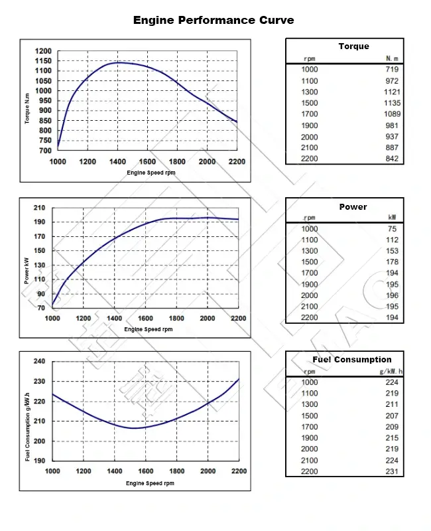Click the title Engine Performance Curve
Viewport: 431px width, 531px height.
click(x=214, y=20)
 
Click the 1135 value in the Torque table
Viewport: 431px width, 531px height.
click(x=392, y=103)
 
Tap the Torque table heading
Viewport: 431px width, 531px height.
click(x=353, y=46)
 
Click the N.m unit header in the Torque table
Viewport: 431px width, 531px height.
click(x=392, y=58)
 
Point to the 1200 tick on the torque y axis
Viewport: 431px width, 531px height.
click(x=43, y=51)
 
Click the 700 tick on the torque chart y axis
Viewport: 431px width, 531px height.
click(x=46, y=151)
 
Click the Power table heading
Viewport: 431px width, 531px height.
click(x=353, y=206)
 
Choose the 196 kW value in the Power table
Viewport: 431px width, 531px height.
click(x=393, y=295)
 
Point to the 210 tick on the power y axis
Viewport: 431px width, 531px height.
click(x=39, y=208)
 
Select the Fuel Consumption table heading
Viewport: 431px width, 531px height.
click(x=352, y=359)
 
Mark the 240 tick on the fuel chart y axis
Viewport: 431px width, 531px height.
click(x=39, y=361)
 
